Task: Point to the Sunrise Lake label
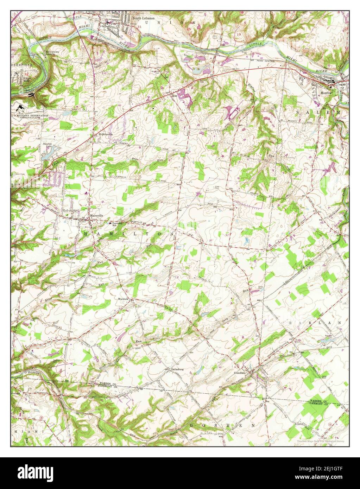[47, 146]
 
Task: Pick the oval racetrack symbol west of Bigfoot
[234, 113]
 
